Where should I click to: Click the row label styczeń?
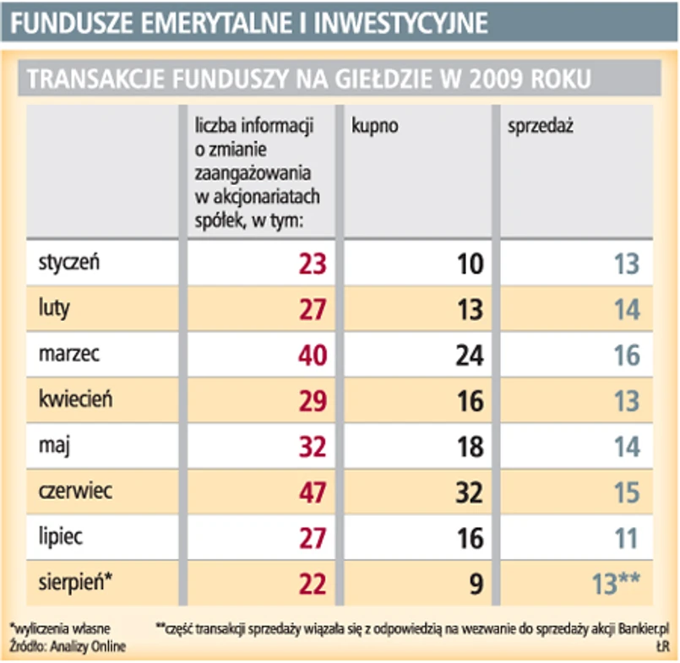[68, 263]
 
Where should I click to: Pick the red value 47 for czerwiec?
[313, 492]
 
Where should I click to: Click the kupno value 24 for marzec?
[469, 355]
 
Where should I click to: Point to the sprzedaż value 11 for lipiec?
[627, 538]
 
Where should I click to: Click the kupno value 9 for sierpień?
[476, 584]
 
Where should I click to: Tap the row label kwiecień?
[75, 400]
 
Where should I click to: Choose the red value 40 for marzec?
[313, 355]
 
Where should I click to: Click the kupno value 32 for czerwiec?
[469, 492]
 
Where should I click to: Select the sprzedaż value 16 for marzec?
[627, 355]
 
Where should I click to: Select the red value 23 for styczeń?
[313, 264]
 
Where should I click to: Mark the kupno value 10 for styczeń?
[469, 264]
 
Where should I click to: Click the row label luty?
[53, 308]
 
